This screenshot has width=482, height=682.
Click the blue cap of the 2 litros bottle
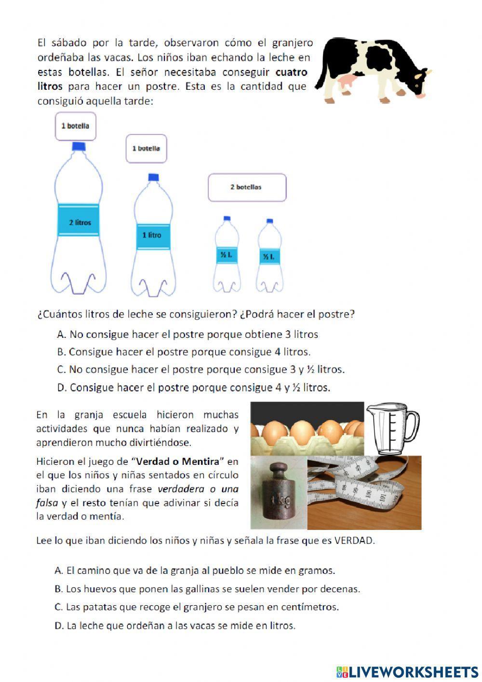tap(79, 146)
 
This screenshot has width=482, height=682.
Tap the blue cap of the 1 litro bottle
tap(153, 177)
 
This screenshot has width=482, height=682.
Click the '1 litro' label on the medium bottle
tap(152, 235)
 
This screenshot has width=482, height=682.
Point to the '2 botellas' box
tap(247, 187)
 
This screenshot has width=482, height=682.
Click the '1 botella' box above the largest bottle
tap(75, 126)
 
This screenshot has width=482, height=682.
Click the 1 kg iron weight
tap(279, 495)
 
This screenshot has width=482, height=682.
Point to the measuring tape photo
tap(364, 492)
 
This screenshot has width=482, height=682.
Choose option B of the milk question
tap(184, 352)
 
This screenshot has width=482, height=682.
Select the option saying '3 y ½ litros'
tap(201, 370)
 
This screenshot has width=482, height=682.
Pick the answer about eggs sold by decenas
tap(207, 589)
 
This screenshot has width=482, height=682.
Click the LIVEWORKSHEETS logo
tap(407, 672)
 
